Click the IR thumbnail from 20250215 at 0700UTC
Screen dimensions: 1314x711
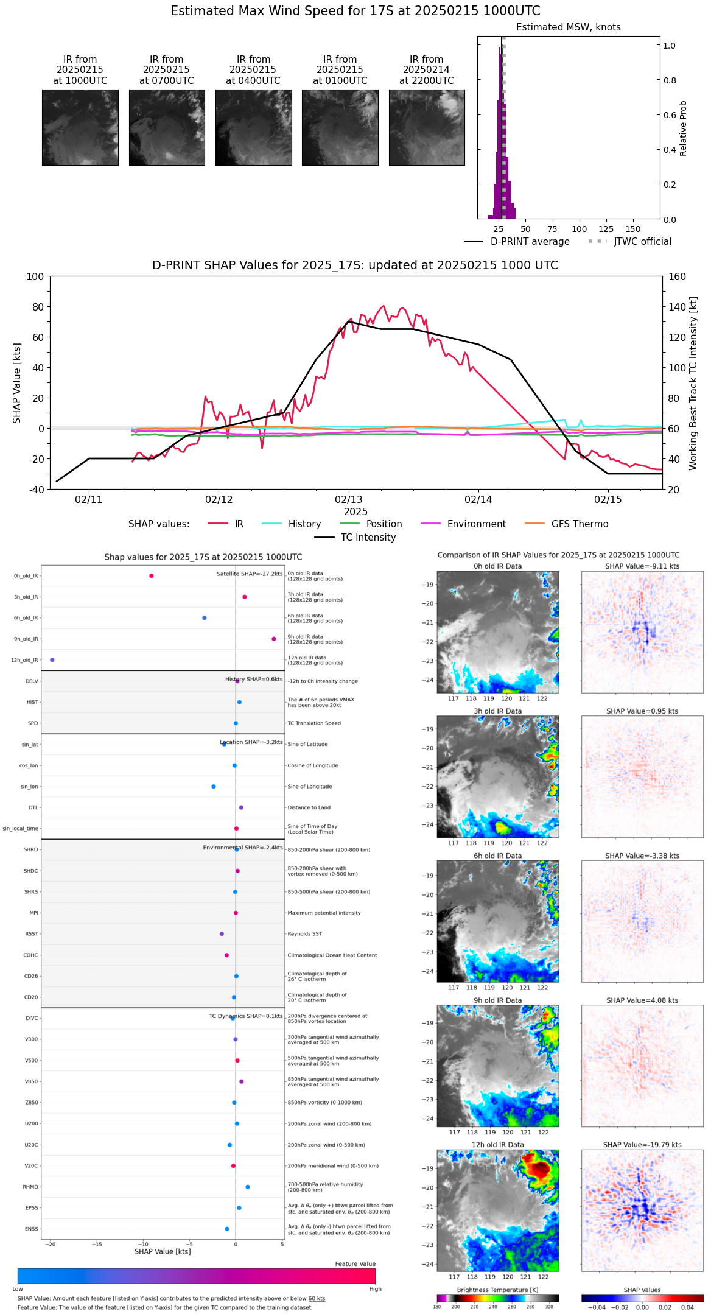click(x=167, y=127)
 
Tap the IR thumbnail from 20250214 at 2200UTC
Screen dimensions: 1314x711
click(x=427, y=127)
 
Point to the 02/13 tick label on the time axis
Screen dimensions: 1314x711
click(x=348, y=500)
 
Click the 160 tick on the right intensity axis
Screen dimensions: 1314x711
click(x=678, y=277)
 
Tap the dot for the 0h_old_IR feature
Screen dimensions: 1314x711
click(x=152, y=576)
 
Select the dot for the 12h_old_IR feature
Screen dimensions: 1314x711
click(x=52, y=660)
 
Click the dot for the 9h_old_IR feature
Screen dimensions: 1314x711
click(x=274, y=639)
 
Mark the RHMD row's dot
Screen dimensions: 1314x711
click(x=247, y=1187)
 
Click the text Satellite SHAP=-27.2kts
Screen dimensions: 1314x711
click(x=250, y=574)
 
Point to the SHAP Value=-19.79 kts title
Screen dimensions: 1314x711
click(x=642, y=1145)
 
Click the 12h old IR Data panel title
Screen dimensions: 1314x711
click(x=497, y=1145)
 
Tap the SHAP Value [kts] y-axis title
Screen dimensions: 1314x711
click(x=17, y=383)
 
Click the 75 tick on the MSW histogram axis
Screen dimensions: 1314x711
click(x=552, y=230)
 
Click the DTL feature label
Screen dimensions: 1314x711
click(x=33, y=808)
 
